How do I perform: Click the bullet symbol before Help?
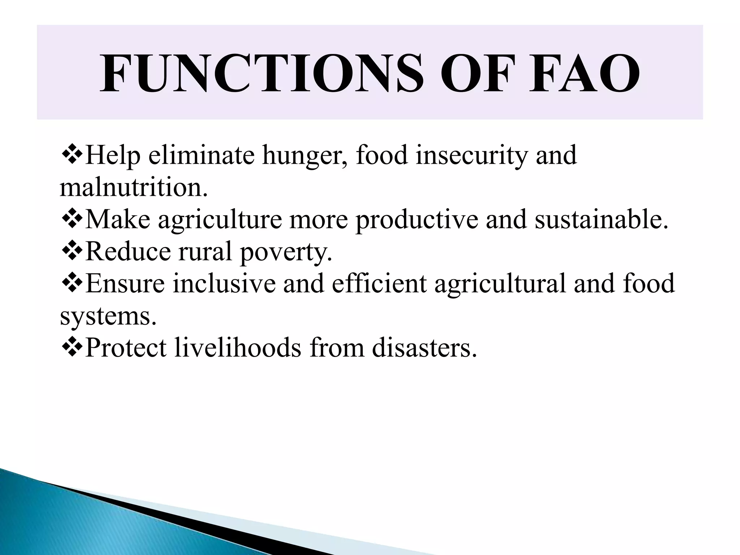point(72,155)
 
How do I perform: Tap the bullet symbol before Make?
point(72,219)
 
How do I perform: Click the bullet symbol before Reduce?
point(72,251)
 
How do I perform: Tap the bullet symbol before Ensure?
point(72,283)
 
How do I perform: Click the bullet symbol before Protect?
point(72,348)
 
